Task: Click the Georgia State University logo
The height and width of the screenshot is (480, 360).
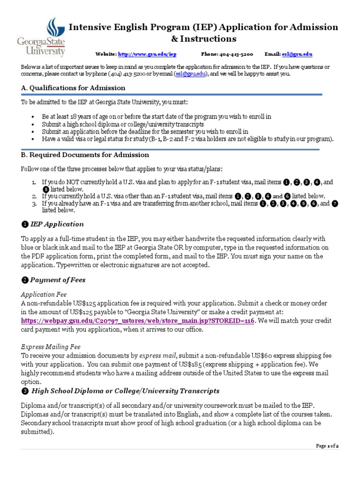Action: tap(41, 37)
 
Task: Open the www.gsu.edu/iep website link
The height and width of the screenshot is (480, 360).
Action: tap(147, 54)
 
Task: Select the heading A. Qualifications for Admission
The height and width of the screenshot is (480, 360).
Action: tap(73, 88)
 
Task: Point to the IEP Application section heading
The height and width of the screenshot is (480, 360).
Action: tap(57, 224)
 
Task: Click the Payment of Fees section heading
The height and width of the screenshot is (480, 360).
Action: tap(58, 280)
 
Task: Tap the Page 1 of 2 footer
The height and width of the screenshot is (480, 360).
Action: tap(327, 446)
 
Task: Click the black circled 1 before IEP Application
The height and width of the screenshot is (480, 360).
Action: tap(24, 224)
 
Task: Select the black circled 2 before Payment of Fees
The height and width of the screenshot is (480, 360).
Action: tap(24, 280)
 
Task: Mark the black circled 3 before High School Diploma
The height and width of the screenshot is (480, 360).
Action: tap(24, 391)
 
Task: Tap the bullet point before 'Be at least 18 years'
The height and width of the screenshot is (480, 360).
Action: tap(32, 116)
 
